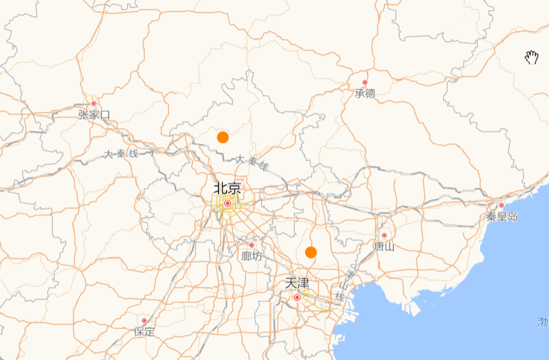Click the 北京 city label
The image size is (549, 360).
227,188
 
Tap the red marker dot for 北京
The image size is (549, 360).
228,203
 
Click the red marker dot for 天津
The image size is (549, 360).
297,297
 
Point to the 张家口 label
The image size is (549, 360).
94,115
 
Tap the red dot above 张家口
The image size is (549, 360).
94,103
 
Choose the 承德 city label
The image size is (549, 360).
365,94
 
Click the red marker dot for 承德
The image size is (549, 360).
365,82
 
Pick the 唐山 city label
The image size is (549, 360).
384,247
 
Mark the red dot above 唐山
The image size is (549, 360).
384,235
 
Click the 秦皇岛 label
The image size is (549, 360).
502,216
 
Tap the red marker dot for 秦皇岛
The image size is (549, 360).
501,205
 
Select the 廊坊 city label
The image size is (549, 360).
252,256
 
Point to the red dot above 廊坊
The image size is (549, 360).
252,245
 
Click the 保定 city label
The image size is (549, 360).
144,332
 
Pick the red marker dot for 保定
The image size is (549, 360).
144,320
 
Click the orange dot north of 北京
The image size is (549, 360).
223,138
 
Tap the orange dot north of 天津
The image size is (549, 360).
311,252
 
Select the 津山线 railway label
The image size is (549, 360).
345,286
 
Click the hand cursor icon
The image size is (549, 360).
531,57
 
